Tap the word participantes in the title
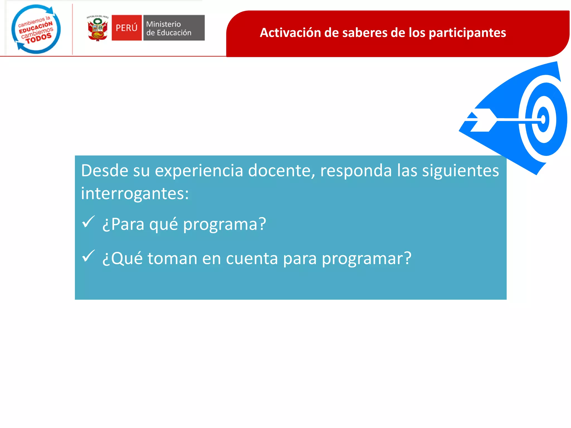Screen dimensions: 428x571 click(467, 33)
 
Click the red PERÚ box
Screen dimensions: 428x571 click(127, 28)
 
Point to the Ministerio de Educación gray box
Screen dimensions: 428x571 click(174, 28)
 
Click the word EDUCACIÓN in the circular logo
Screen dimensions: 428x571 click(35, 27)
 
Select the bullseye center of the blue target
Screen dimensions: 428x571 click(543, 119)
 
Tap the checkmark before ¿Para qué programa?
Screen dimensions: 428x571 click(88, 222)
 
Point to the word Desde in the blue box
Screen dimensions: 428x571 click(104, 171)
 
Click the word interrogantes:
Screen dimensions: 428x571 click(135, 193)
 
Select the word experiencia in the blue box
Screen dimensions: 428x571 click(199, 171)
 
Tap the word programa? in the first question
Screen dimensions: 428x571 click(224, 224)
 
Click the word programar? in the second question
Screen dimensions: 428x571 click(366, 259)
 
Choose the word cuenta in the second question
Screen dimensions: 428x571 click(252, 259)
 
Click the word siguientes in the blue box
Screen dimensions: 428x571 click(460, 171)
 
